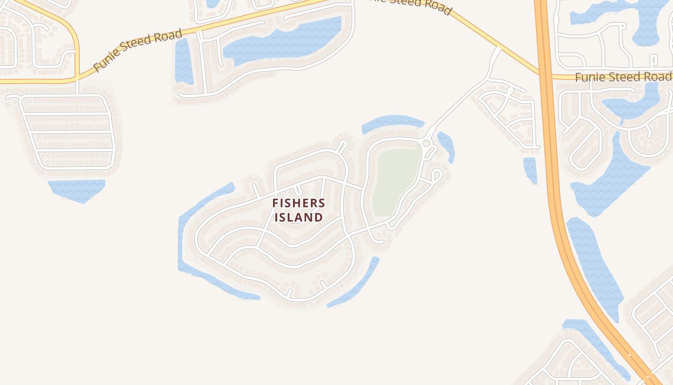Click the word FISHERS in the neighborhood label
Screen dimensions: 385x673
299,203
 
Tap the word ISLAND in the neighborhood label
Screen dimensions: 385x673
299,218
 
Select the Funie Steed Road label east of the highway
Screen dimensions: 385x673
623,77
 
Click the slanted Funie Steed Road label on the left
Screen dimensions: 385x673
138,50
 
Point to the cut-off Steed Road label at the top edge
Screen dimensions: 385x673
409,6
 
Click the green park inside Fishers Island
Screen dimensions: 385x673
395,180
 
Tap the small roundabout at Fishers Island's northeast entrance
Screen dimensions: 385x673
426,143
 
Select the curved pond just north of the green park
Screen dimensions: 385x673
392,123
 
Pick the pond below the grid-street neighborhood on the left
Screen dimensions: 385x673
77,189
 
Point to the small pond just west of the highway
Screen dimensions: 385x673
530,169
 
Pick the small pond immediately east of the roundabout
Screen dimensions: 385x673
447,145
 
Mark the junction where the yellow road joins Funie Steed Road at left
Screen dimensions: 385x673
77,78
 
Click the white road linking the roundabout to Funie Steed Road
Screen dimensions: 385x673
461,101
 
